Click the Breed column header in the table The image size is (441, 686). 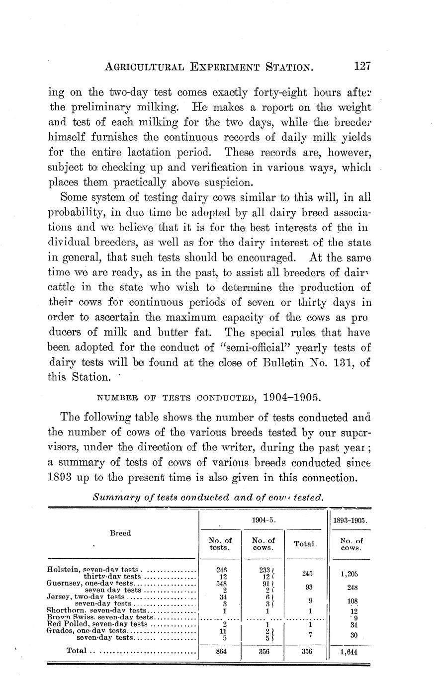120,533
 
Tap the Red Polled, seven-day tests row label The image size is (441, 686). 97,623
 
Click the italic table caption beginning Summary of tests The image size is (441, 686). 208,497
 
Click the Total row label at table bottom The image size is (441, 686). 77,650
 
